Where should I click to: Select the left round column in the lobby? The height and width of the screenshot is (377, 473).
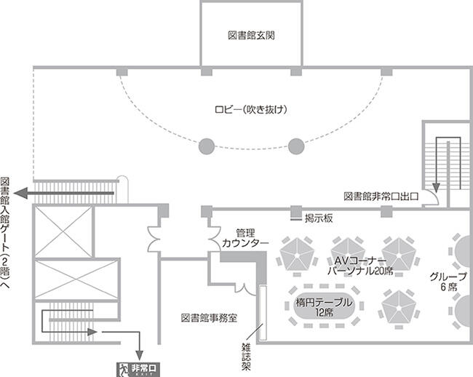207,146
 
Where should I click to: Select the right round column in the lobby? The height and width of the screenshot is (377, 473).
295,146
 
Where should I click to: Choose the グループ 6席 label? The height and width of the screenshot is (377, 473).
443,282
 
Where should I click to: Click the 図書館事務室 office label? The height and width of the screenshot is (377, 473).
209,317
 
